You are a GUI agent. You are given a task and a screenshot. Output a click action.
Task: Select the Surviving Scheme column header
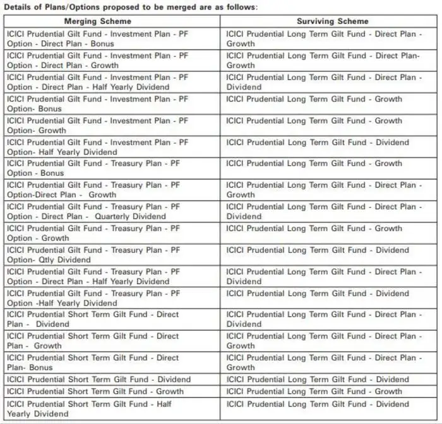pos(332,21)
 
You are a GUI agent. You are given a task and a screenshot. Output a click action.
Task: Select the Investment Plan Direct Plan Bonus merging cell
pos(97,38)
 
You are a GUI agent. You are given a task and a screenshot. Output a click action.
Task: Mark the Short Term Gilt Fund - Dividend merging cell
pos(99,379)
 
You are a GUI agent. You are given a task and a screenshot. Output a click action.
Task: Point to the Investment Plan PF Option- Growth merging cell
pos(97,125)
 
